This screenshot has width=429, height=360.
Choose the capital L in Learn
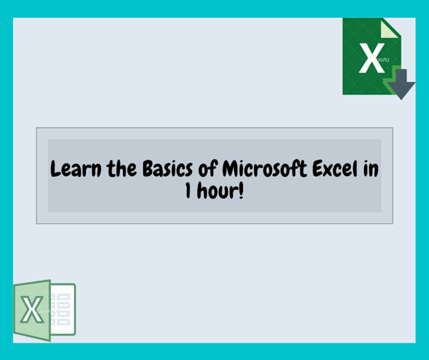click(55, 170)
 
